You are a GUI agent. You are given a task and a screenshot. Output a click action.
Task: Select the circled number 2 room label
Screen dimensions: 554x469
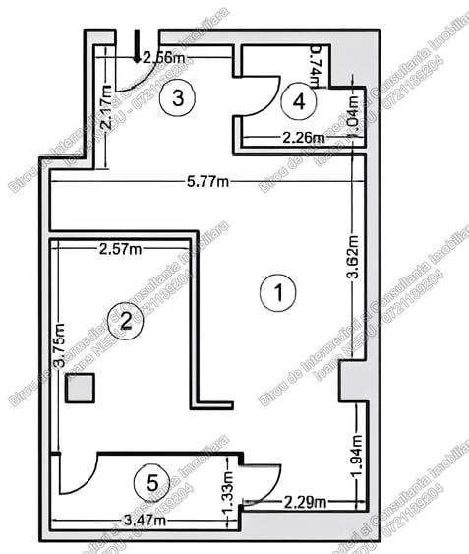click(x=125, y=319)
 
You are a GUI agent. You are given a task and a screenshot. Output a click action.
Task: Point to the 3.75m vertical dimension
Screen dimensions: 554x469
click(x=60, y=348)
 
